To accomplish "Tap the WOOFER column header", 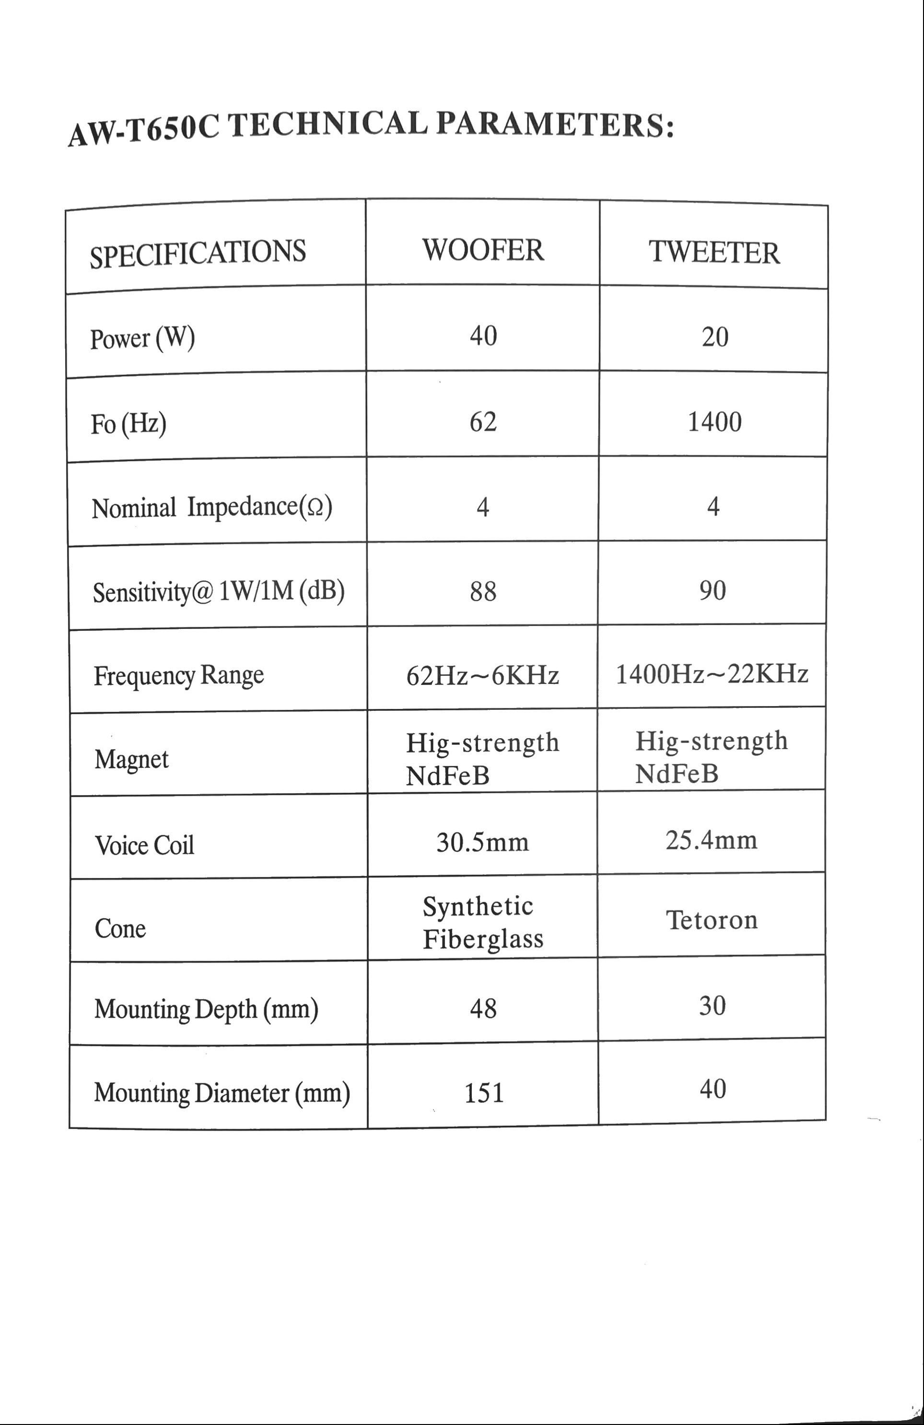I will pos(483,250).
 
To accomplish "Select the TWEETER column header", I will pos(714,252).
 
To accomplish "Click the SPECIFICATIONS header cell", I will pos(198,253).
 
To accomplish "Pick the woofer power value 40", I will pos(483,336).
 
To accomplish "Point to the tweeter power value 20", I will pos(715,337).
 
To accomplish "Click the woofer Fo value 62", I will pos(483,421).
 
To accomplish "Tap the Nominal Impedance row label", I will pos(211,508).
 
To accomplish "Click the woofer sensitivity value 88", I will pos(483,591).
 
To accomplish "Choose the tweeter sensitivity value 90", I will pos(713,591).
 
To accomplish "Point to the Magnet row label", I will pos(131,759).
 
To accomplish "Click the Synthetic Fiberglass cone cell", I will pos(483,923).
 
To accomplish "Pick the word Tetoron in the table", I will pos(712,920).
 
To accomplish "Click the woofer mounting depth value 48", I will pos(483,1009).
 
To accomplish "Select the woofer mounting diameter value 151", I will pos(484,1093).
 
